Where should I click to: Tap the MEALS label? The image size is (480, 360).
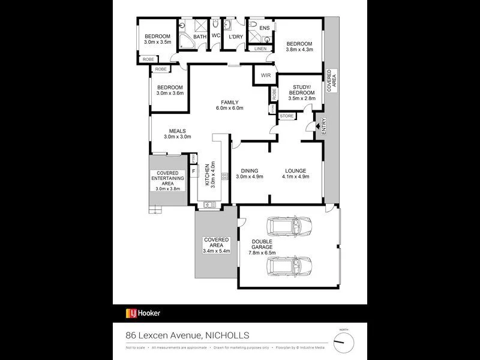click(177, 131)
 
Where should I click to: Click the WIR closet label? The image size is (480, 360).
click(265, 76)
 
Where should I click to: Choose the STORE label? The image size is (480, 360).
click(287, 116)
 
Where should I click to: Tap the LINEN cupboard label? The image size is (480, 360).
click(260, 49)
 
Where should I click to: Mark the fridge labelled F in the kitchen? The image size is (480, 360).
click(193, 171)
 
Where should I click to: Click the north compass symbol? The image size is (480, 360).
click(344, 342)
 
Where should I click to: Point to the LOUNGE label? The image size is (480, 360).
click(296, 170)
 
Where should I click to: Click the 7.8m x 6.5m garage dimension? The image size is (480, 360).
click(262, 253)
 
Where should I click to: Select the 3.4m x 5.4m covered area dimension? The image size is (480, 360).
click(217, 251)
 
